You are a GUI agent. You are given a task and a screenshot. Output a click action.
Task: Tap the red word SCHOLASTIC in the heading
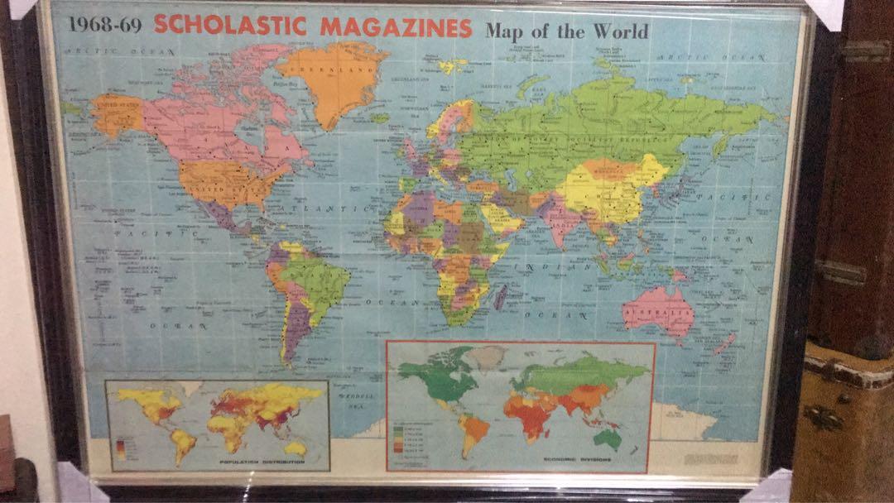pos(232,26)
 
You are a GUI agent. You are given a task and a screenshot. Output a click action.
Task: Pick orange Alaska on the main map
pos(116,114)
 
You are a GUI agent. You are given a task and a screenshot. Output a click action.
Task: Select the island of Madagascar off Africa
pos(500,295)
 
